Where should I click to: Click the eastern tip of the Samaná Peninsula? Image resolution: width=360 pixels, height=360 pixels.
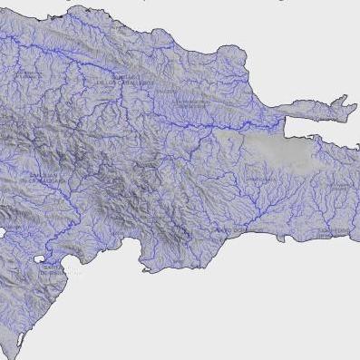[x=355, y=110]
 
